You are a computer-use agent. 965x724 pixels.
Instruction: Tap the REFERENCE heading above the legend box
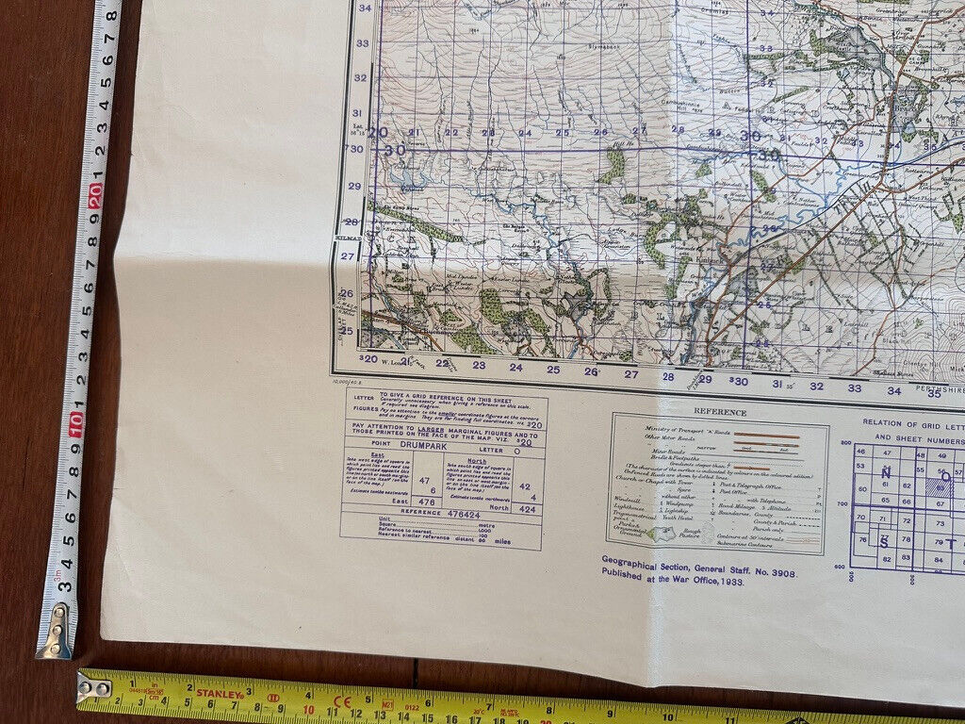[720, 412]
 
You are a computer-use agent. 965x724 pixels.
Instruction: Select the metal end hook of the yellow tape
[95, 687]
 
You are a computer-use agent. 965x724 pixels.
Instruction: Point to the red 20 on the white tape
[96, 196]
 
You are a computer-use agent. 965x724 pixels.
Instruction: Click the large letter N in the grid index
[884, 473]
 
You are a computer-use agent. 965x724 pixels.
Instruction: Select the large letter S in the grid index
[884, 542]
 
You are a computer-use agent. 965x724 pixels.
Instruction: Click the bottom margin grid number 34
[892, 387]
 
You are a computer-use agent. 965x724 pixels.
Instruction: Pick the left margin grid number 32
[360, 77]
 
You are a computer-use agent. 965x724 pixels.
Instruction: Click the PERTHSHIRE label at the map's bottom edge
[942, 394]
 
